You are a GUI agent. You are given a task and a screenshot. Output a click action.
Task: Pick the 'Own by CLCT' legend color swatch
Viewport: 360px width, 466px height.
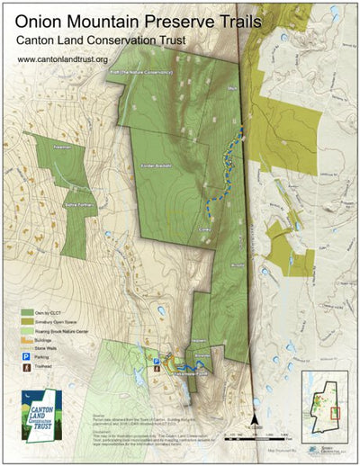26,309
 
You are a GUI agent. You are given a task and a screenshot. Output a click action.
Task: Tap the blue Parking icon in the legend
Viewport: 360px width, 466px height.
25,355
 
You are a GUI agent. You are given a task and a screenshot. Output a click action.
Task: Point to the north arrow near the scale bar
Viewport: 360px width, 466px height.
256,417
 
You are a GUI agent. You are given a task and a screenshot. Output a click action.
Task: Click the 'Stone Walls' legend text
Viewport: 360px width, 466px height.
47,346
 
